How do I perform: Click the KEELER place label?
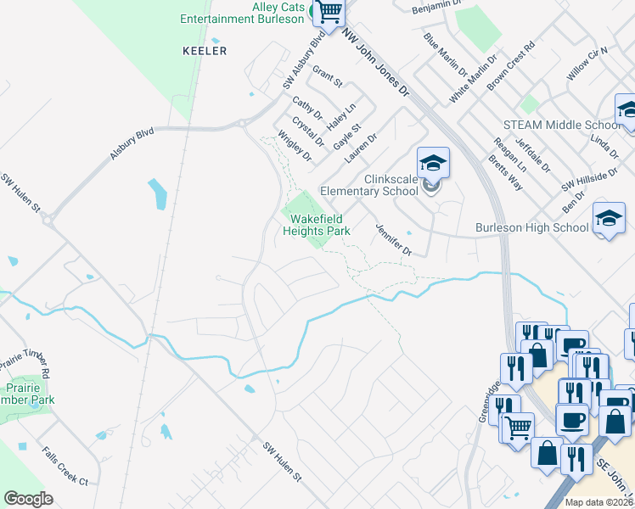[205, 51]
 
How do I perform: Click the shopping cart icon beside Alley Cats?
[329, 12]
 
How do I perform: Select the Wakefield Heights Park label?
[316, 225]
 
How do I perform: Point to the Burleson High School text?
[531, 227]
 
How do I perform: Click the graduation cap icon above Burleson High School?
[608, 219]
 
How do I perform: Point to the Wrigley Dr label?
[295, 146]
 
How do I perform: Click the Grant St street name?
[327, 77]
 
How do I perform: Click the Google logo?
[28, 499]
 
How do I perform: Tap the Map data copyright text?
[598, 502]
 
